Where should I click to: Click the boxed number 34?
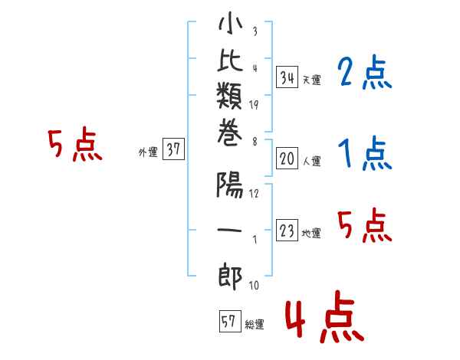pyautogui.click(x=287, y=77)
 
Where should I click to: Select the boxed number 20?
pyautogui.click(x=287, y=159)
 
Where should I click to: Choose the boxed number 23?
pyautogui.click(x=287, y=231)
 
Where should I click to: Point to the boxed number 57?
pyautogui.click(x=229, y=322)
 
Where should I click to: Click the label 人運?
pyautogui.click(x=311, y=162)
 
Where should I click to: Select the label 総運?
pyautogui.click(x=255, y=325)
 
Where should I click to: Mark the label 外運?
pyautogui.click(x=148, y=152)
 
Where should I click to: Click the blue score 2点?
pyautogui.click(x=364, y=74)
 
